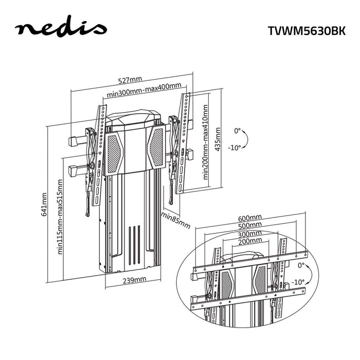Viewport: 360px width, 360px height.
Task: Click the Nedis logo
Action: coord(61,29)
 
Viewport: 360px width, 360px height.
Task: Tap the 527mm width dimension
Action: coord(130,80)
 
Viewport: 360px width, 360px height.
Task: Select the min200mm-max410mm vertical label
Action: coord(206,141)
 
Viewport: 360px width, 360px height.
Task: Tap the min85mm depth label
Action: coord(175,220)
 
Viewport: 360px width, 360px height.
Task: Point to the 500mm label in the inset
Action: coord(249,225)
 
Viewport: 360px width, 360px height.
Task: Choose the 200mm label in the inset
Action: coord(249,241)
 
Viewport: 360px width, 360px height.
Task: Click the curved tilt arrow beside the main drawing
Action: coord(246,140)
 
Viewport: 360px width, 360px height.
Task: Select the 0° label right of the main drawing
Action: coord(237,131)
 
